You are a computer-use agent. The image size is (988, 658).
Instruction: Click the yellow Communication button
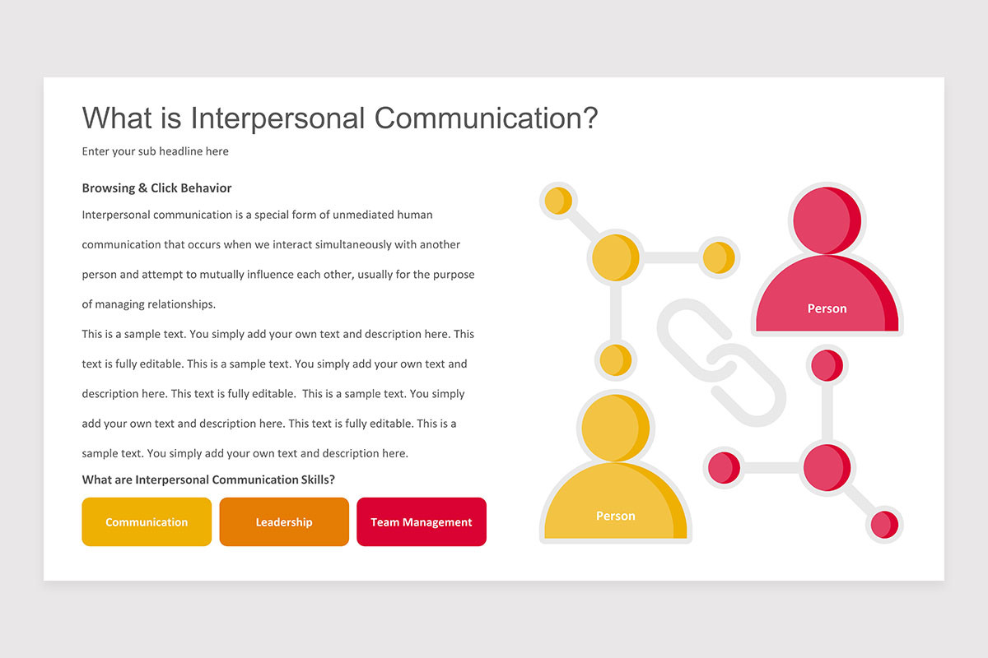click(x=147, y=522)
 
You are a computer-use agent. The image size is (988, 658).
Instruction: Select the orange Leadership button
click(x=284, y=522)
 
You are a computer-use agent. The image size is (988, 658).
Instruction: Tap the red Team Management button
click(x=421, y=522)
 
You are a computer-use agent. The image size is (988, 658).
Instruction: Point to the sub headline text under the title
click(x=156, y=151)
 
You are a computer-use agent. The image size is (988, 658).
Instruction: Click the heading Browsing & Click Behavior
click(x=156, y=188)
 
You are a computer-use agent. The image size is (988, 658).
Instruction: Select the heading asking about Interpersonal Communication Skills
click(x=208, y=480)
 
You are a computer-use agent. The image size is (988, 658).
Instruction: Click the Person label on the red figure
click(x=827, y=308)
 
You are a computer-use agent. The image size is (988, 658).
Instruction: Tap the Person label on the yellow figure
click(x=616, y=516)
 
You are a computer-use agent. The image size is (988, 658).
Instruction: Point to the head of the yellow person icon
click(x=616, y=427)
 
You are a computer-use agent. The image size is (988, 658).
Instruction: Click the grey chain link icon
click(x=721, y=363)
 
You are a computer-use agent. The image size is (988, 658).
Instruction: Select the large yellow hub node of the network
click(x=615, y=257)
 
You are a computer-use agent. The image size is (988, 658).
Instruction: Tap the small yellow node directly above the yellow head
click(x=615, y=360)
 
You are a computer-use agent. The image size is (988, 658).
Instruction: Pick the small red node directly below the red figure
click(x=826, y=364)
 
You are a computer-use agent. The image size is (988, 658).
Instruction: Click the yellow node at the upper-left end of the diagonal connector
click(x=558, y=201)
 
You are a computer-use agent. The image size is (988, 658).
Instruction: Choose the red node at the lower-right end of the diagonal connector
click(x=883, y=524)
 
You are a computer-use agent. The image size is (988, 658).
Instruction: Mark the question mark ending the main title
click(x=589, y=118)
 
